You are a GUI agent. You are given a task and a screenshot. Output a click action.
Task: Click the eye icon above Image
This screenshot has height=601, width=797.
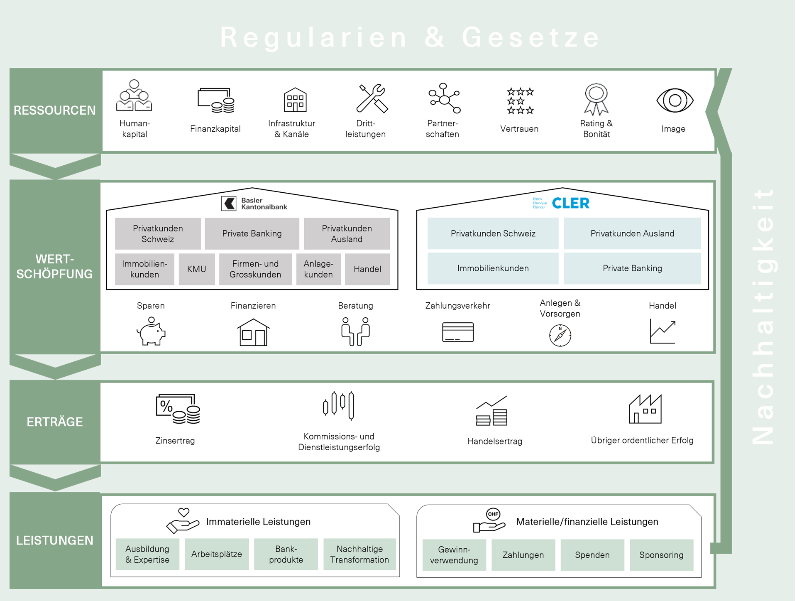(675, 100)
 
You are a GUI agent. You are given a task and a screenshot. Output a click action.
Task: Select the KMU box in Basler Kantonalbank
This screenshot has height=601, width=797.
(197, 269)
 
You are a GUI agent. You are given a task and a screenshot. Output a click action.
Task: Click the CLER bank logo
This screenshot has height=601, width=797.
(561, 203)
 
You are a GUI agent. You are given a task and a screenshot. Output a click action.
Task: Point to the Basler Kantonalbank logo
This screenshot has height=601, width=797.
(254, 204)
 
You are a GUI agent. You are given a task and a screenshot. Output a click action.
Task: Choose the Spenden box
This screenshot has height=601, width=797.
(592, 555)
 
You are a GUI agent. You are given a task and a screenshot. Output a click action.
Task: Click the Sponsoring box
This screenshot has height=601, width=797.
(661, 555)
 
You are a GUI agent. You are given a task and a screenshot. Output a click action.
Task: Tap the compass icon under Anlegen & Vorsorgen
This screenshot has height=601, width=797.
(560, 335)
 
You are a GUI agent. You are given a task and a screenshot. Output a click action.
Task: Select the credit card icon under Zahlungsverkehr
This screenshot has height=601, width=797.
(458, 332)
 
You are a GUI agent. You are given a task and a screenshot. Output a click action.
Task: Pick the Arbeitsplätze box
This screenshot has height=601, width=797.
(216, 554)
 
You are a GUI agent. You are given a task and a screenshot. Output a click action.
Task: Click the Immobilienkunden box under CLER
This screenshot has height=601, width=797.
(493, 268)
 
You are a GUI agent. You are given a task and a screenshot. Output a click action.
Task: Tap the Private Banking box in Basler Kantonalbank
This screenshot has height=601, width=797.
(252, 233)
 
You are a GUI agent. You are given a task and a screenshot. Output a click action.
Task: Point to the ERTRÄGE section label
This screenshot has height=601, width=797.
(55, 422)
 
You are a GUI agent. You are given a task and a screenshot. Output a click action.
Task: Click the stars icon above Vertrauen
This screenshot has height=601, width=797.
(520, 101)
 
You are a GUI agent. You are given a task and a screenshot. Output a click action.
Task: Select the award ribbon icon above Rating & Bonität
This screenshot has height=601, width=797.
(596, 99)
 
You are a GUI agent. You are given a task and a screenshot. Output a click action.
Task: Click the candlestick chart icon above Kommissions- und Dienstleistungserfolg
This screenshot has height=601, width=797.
(339, 405)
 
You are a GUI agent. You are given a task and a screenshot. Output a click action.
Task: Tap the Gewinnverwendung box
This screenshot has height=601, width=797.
(454, 555)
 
